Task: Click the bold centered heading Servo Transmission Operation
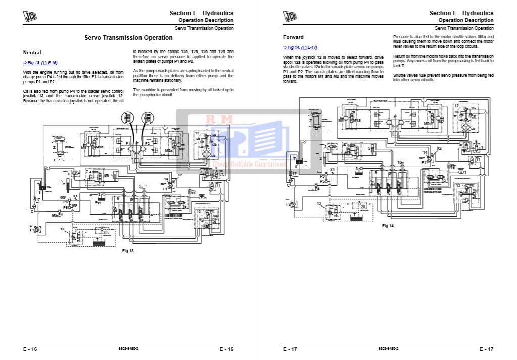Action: click(128, 38)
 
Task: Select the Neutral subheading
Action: click(32, 53)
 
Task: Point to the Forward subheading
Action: click(293, 37)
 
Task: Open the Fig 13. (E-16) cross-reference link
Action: click(40, 63)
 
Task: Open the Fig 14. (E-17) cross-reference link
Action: click(300, 47)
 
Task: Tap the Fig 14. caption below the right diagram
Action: click(388, 226)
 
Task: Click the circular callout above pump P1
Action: click(126, 118)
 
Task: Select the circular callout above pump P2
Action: click(148, 118)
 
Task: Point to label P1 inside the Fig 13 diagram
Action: click(128, 144)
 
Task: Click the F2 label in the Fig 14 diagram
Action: click(289, 204)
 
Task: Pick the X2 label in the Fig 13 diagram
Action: click(180, 175)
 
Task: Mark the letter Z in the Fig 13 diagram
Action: click(54, 148)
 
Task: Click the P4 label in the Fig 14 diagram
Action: click(317, 189)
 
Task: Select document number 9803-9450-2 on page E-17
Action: click(388, 349)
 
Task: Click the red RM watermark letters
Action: click(218, 120)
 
